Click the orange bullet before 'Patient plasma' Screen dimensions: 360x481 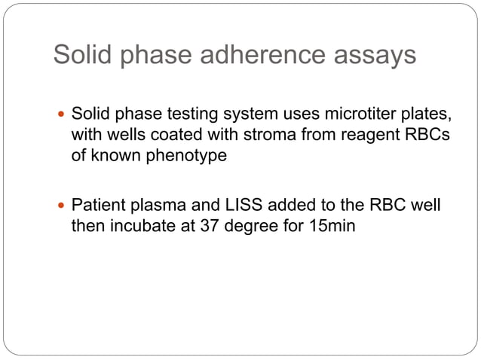coord(62,205)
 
